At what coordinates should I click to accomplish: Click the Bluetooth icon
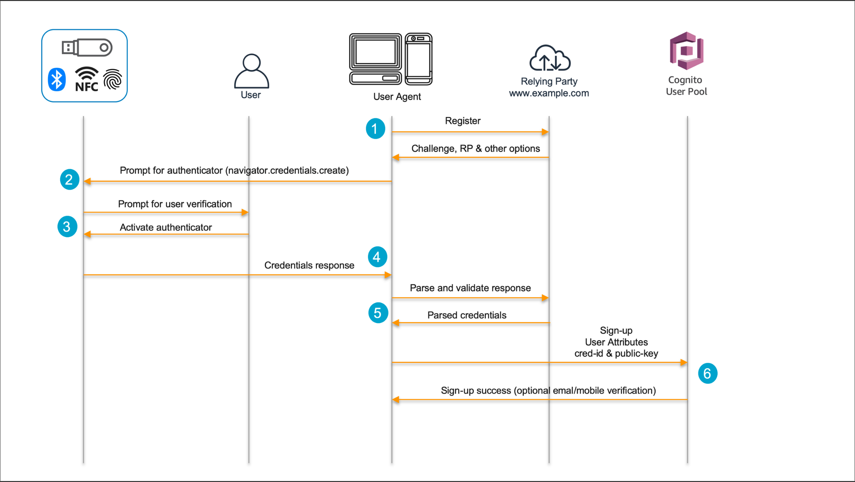point(57,79)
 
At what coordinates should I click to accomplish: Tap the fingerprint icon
point(113,79)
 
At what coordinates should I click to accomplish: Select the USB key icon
point(87,48)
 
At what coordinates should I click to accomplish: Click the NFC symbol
point(86,79)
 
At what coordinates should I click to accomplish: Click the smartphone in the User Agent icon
point(418,59)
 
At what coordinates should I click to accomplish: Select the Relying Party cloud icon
point(550,58)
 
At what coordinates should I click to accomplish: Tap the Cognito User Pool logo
point(686,51)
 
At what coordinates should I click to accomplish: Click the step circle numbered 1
point(375,129)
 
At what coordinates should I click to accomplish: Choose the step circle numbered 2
point(69,180)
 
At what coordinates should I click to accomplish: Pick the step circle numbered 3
point(67,226)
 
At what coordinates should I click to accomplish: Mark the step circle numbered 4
point(377,257)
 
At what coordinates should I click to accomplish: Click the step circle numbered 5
point(378,313)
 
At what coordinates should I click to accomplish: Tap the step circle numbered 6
point(707,374)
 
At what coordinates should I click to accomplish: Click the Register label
point(463,121)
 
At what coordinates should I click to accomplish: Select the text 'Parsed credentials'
point(466,315)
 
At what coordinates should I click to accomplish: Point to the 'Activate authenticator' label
point(166,227)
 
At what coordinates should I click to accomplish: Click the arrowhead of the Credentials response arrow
point(388,275)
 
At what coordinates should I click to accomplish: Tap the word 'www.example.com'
point(548,93)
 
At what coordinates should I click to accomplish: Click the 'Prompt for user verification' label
point(175,204)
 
